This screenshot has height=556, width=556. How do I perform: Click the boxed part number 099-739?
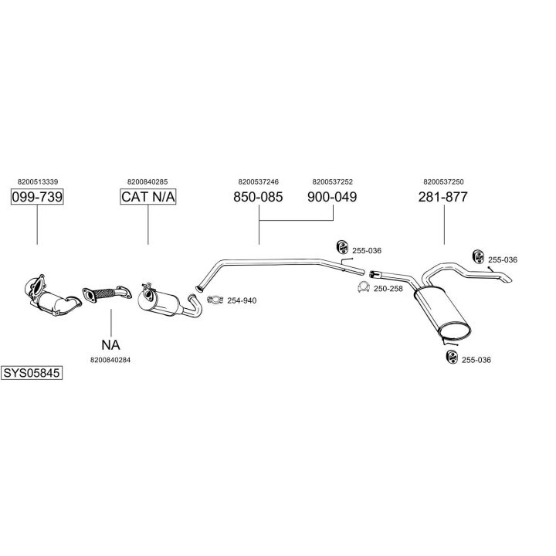click(37, 198)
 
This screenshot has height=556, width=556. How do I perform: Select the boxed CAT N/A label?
click(148, 198)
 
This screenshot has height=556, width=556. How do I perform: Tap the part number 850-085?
click(258, 198)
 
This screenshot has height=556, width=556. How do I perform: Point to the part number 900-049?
click(332, 198)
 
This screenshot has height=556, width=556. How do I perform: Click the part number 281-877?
click(443, 198)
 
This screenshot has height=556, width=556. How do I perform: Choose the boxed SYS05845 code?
click(32, 372)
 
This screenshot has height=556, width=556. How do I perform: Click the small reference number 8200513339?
click(37, 182)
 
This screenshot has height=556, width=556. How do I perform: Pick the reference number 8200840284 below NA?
click(110, 360)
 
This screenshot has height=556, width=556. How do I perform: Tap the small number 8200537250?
click(443, 182)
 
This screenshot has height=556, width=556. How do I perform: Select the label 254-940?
click(242, 300)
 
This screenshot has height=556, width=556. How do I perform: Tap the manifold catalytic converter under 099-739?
click(51, 297)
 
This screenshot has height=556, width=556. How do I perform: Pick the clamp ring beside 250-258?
click(361, 287)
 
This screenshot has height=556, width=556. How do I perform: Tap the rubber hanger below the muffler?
click(451, 357)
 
